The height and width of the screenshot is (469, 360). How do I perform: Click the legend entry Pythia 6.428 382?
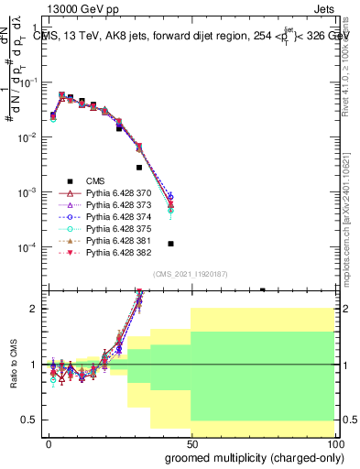pyautogui.click(x=117, y=263)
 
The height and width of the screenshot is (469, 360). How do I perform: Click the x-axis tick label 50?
pyautogui.click(x=191, y=442)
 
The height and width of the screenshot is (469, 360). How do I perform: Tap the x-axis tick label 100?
pyautogui.click(x=333, y=442)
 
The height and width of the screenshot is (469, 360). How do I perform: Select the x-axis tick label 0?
pyautogui.click(x=48, y=442)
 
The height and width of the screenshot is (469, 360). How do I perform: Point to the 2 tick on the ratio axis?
pyautogui.click(x=35, y=309)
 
